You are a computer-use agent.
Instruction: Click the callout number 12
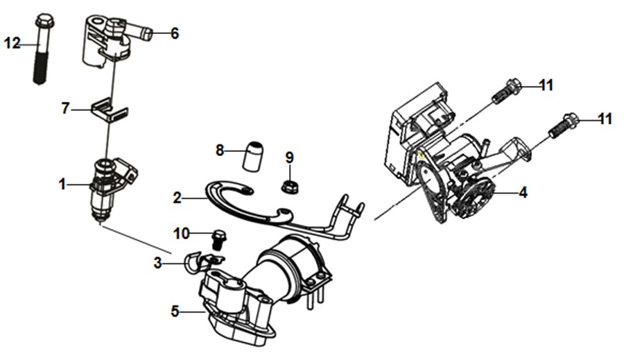tap(12, 43)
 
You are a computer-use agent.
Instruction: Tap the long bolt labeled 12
tap(42, 49)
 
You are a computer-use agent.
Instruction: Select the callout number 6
tap(175, 33)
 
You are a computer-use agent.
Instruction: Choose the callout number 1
tap(62, 185)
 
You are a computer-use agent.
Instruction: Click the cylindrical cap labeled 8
tap(254, 156)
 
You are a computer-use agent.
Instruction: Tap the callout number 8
tap(220, 151)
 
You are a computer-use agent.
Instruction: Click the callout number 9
tap(290, 158)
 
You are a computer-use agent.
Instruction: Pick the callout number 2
tap(177, 198)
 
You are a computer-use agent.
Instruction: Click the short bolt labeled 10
tap(218, 240)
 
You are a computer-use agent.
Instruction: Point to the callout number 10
tap(182, 233)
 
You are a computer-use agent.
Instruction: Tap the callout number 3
tap(157, 264)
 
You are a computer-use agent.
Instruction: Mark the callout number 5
tap(175, 311)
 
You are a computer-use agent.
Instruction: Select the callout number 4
tap(523, 193)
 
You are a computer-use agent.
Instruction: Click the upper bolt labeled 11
tap(506, 91)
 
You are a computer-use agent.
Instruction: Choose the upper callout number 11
tap(546, 85)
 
